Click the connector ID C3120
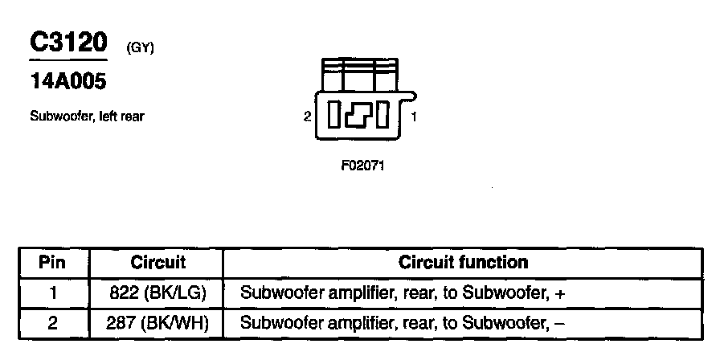coord(68,42)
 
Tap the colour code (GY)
coord(140,47)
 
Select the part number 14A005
coord(67,81)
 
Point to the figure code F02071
coord(362,169)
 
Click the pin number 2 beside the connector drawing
coord(308,117)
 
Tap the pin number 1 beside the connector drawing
coord(414,117)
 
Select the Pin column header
coord(52,263)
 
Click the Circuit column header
coord(157,263)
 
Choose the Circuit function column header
coord(464,263)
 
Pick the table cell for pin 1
coord(52,293)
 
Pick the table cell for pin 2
coord(52,324)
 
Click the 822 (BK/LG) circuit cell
coord(157,293)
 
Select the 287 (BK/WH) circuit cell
coord(157,324)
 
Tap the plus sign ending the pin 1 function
coord(561,294)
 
